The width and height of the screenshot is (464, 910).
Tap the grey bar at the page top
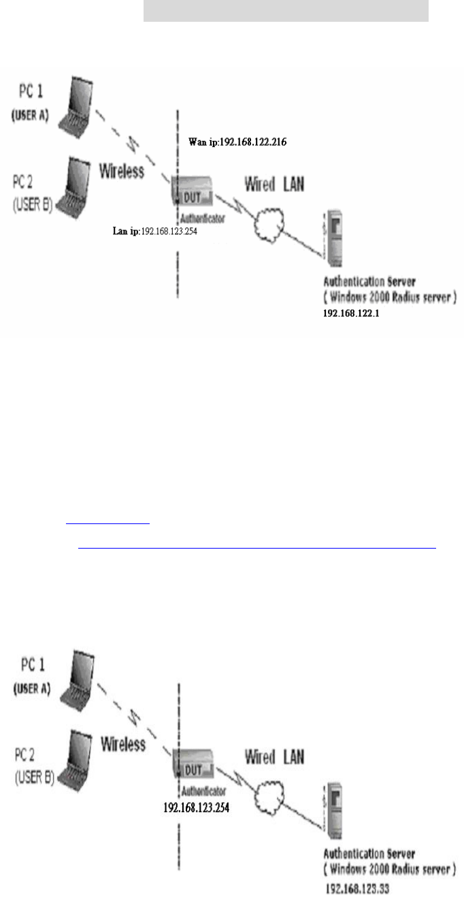pyautogui.click(x=286, y=10)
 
